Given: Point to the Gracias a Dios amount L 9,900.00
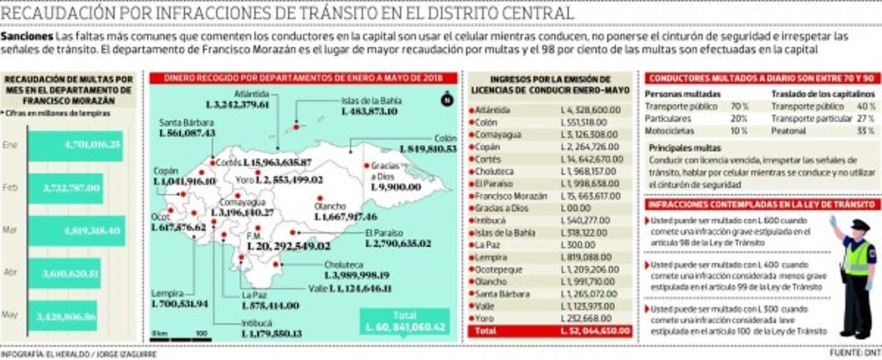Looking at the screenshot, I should coord(396,187).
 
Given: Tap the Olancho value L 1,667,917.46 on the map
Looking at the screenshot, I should coord(345,217).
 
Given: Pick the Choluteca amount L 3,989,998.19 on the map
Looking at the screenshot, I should coord(356,276).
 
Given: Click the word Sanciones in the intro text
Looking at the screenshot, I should coord(27,37).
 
